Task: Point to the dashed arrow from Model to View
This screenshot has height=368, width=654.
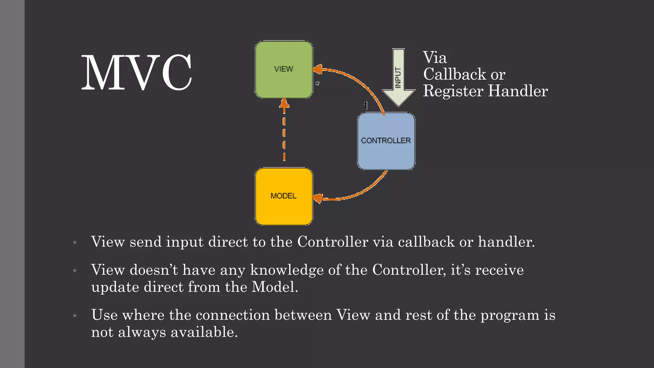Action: [284, 131]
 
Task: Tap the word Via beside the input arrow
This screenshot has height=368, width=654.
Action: [435, 58]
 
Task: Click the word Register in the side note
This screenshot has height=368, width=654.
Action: [453, 91]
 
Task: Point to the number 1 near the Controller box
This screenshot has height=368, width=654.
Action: [366, 105]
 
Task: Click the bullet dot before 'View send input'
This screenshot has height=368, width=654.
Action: [75, 242]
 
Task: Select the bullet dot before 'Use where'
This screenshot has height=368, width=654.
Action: [75, 316]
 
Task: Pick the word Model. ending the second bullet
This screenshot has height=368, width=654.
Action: [275, 287]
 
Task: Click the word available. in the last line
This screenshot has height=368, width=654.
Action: [204, 332]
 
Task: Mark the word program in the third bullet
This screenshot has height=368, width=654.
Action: [510, 316]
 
